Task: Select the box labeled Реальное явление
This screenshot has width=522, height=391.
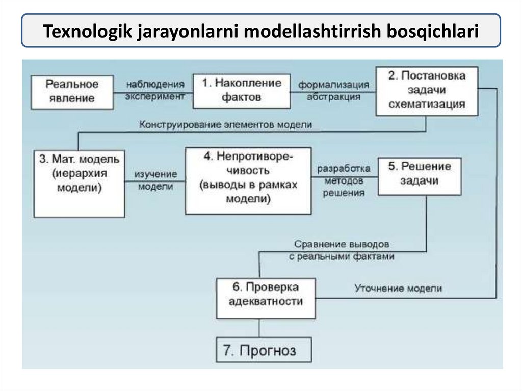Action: [72, 92]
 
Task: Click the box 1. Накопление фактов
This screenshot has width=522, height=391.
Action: [241, 90]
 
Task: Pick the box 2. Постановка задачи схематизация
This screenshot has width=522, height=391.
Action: [427, 90]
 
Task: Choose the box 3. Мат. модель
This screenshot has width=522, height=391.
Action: [79, 183]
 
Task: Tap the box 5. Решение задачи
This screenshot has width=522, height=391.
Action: [419, 175]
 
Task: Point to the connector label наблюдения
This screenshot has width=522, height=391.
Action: [154, 84]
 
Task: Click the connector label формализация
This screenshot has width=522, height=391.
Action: [333, 84]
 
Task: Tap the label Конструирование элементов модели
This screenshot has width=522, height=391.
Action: [225, 124]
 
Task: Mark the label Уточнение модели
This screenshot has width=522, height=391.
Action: [398, 289]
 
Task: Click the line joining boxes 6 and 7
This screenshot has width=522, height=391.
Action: [260, 328]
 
